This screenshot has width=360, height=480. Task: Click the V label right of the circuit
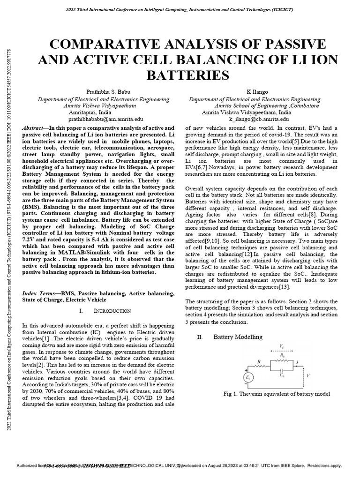[x=321, y=375]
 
